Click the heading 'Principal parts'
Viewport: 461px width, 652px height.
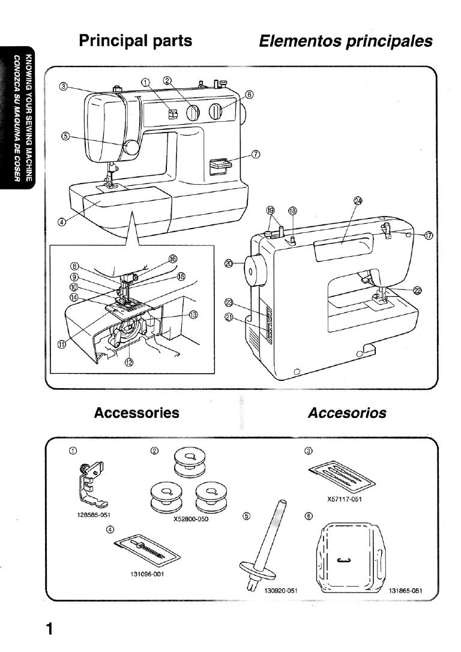click(x=136, y=41)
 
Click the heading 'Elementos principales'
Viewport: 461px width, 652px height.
click(x=345, y=41)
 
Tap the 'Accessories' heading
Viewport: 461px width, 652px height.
click(x=136, y=413)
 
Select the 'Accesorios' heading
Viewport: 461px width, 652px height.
click(x=347, y=413)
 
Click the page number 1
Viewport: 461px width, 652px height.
click(x=50, y=629)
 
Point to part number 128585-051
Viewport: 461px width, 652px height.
click(x=95, y=515)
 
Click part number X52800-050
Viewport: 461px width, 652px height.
click(x=190, y=519)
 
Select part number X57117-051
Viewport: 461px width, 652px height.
click(x=344, y=499)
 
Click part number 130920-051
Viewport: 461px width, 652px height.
click(x=282, y=590)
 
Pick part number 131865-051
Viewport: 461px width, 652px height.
click(x=406, y=590)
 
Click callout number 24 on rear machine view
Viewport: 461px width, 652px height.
click(x=358, y=201)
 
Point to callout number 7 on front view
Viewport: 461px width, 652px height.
click(x=256, y=154)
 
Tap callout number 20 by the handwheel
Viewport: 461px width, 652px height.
click(x=229, y=262)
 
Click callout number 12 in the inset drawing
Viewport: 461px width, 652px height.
click(x=128, y=362)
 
